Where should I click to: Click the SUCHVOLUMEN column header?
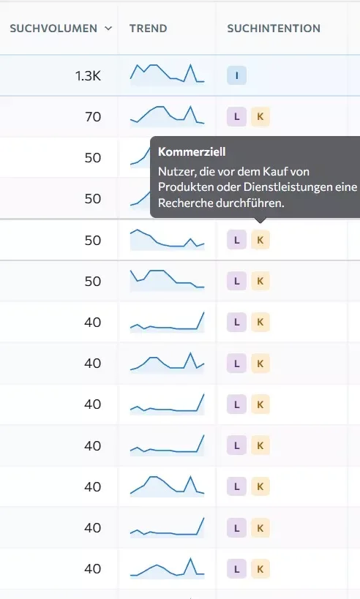[53, 29]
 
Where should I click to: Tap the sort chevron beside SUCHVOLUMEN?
[108, 29]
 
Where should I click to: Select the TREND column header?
[149, 29]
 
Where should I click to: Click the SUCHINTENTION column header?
[274, 29]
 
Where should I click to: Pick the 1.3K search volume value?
[89, 76]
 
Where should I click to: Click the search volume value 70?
[93, 117]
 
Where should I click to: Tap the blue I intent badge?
[236, 75]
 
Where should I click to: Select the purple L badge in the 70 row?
[236, 116]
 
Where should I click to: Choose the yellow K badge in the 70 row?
[260, 116]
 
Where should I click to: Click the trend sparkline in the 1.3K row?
[168, 74]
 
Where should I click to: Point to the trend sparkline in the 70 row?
[168, 115]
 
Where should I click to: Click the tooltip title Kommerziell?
[192, 151]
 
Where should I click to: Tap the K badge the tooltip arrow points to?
[260, 240]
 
